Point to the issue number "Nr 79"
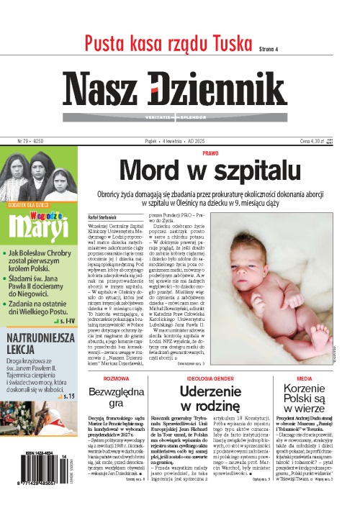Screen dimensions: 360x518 (x=14, y=142)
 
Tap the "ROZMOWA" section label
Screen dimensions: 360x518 (x=116, y=376)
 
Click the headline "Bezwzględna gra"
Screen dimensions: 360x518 (x=116, y=400)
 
